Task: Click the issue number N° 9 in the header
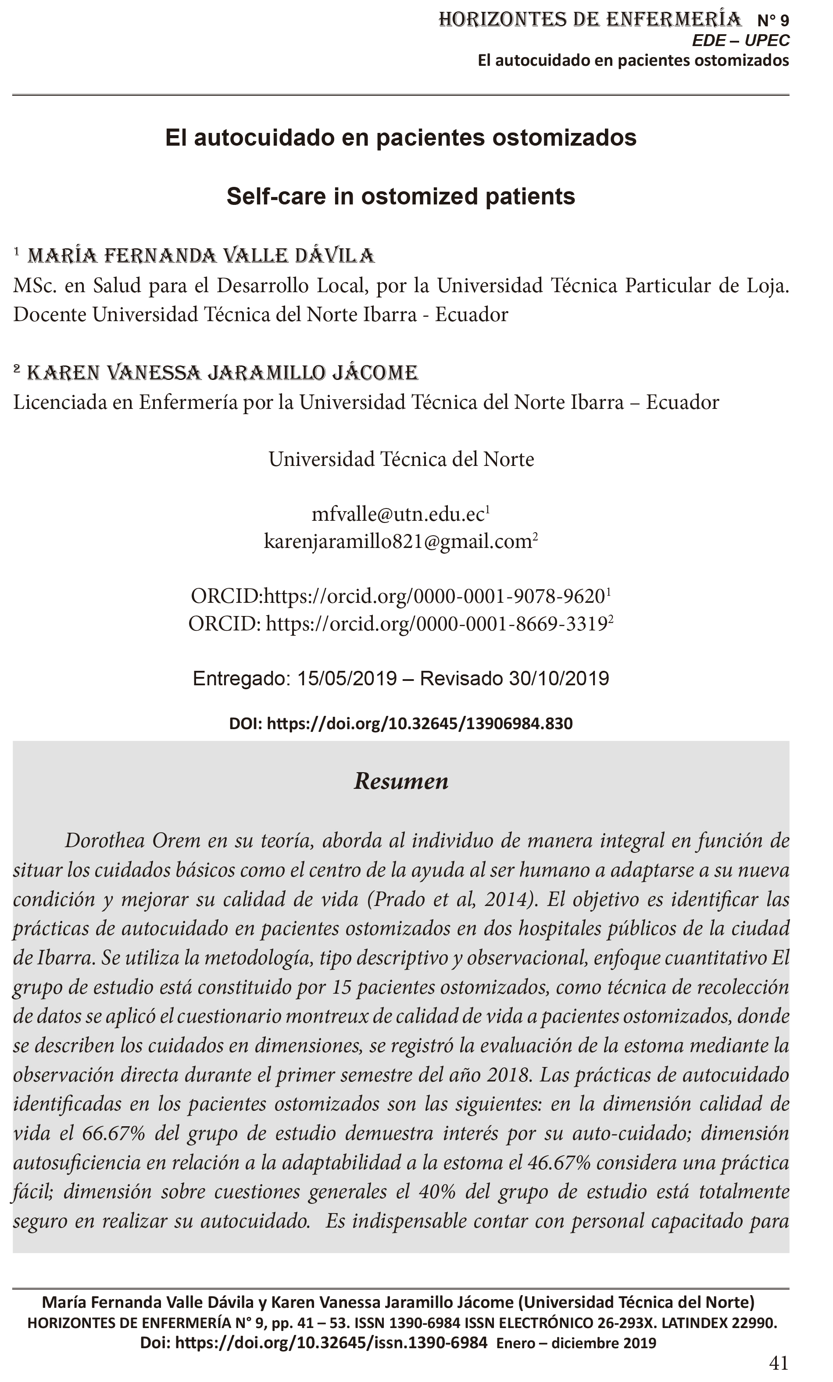(772, 21)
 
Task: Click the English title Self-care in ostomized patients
(400, 196)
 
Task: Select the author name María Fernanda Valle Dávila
(201, 256)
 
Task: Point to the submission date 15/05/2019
(347, 679)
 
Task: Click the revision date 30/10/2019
(559, 679)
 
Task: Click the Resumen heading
(400, 781)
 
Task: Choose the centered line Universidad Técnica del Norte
(400, 459)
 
